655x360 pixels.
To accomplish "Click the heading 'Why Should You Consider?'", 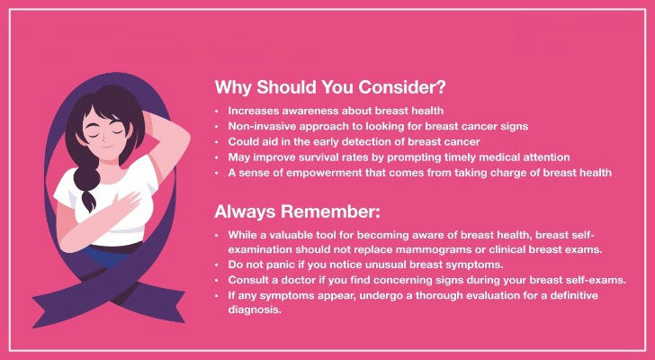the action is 330,87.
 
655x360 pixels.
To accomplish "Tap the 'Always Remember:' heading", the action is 298,211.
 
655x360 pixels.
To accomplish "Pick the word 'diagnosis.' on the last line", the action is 255,310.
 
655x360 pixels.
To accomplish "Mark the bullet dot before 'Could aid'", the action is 217,142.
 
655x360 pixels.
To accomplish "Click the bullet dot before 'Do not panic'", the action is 217,265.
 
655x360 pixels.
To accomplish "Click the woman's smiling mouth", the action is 107,147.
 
